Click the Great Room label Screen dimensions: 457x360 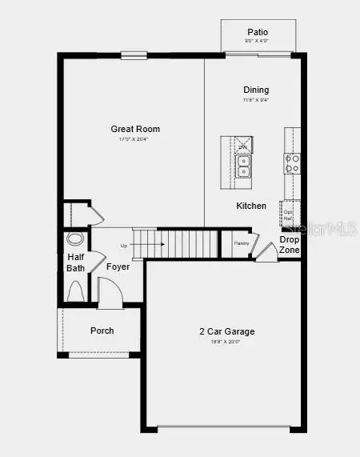(135, 129)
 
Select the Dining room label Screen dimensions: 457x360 (256, 90)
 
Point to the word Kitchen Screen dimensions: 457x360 (251, 206)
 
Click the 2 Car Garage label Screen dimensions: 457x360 (227, 331)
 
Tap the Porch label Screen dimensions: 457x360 (102, 331)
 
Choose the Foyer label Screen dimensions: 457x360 (118, 267)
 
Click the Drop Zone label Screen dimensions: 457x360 (290, 245)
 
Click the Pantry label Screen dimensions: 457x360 (242, 243)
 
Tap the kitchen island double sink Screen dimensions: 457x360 (242, 166)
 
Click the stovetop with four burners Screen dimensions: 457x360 (292, 164)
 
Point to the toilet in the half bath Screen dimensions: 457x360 (76, 294)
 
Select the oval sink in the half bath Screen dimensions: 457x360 (75, 239)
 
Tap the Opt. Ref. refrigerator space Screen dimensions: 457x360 (288, 214)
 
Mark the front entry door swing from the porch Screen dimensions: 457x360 (110, 293)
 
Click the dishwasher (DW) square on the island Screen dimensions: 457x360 (242, 146)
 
